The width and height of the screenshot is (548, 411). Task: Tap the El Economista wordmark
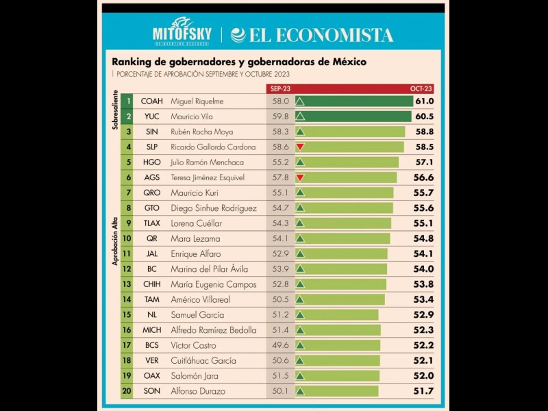(x=312, y=35)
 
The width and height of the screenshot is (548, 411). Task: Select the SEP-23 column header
(x=279, y=89)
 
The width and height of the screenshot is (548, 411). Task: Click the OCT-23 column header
(x=421, y=89)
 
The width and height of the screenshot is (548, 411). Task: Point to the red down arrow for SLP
(x=300, y=147)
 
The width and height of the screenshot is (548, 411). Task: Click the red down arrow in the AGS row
(x=300, y=177)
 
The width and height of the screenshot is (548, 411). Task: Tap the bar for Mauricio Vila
(x=355, y=116)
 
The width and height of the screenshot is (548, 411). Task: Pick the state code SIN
(x=152, y=132)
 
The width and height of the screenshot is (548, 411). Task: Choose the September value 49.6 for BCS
(x=280, y=345)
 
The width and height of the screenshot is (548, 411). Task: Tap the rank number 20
(x=127, y=391)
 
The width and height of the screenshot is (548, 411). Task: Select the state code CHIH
(x=152, y=284)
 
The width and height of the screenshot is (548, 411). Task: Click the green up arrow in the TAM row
(x=300, y=299)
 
